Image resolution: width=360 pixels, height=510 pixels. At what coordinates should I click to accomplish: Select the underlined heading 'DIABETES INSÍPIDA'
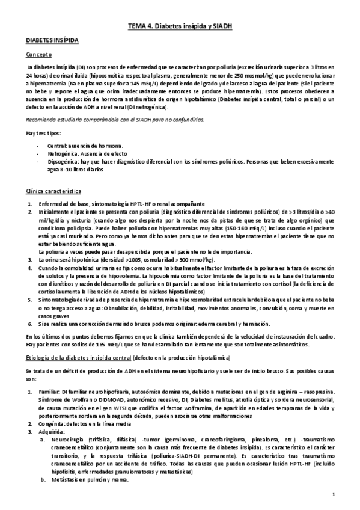click(51, 40)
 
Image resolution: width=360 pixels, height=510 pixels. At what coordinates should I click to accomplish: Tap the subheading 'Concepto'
click(38, 54)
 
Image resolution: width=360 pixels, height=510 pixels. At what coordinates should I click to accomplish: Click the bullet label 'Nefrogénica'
click(62, 154)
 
